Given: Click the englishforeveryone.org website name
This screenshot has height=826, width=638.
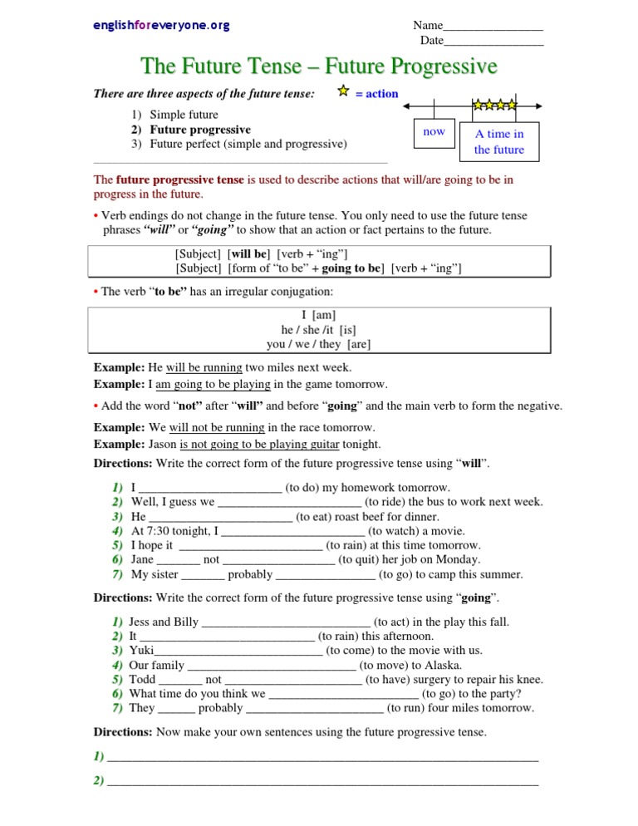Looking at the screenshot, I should [161, 25].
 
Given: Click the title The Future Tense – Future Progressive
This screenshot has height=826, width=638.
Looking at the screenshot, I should [319, 66].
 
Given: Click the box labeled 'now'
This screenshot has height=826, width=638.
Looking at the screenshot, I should [434, 132].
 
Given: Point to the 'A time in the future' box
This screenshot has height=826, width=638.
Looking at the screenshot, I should [498, 142].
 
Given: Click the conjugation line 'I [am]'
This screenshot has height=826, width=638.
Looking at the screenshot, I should [318, 315].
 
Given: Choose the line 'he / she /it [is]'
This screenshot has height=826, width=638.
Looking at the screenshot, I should [318, 329].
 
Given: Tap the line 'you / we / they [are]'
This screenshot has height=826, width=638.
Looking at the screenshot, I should [318, 343].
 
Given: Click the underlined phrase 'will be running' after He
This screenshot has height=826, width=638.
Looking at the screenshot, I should [204, 366].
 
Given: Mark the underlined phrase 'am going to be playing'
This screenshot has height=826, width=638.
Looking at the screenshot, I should [213, 384].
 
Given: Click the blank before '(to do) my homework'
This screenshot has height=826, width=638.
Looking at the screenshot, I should [210, 489].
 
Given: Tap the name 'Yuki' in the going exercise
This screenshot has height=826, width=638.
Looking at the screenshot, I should [142, 651].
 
